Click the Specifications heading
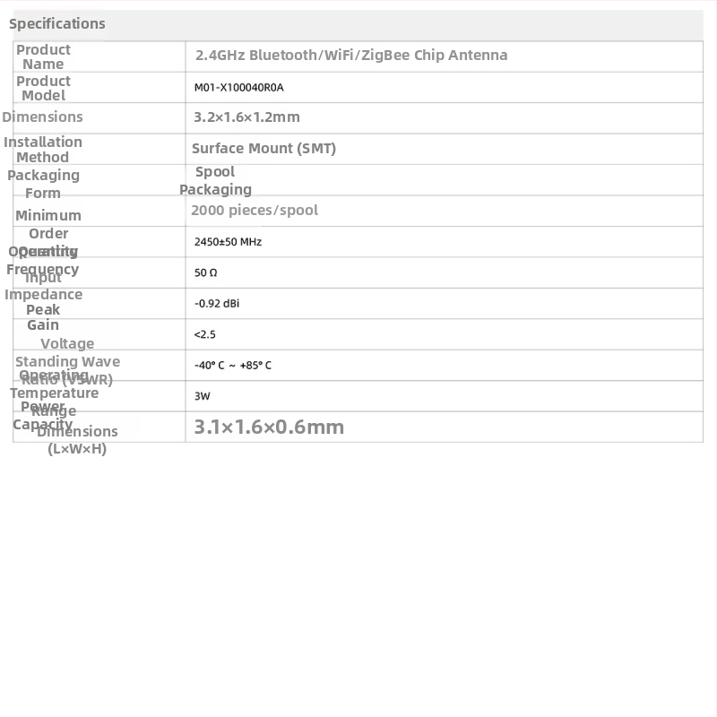point(56,24)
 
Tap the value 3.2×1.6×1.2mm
point(246,117)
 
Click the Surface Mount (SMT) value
point(263,149)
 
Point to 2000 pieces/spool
point(254,211)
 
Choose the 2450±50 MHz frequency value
point(228,242)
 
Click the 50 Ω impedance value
point(205,272)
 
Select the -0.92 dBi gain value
point(216,304)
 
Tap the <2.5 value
point(204,334)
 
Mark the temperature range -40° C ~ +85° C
point(232,366)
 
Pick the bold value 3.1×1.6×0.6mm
point(269,428)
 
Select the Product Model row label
point(43,89)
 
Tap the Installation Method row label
point(43,150)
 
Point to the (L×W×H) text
point(77,449)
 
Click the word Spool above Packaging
point(215,172)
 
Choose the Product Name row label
point(43,56)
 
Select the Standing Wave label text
point(67,362)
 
